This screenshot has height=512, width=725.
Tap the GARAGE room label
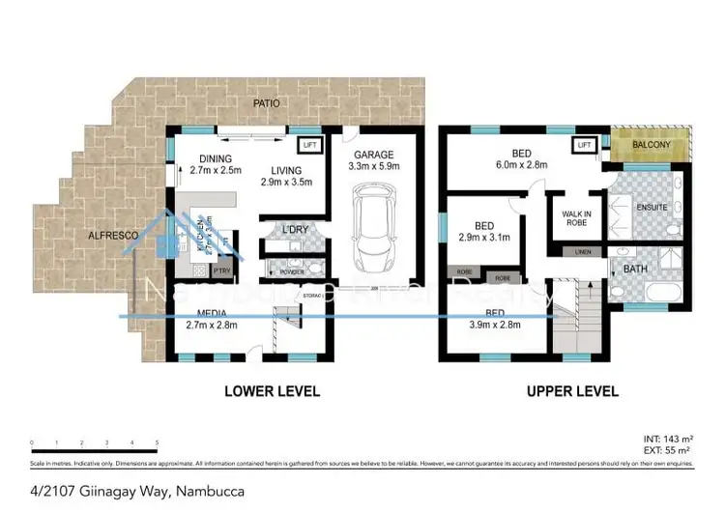point(373,155)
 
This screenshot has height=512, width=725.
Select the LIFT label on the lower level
point(309,145)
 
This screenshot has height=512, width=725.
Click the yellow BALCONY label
point(652,146)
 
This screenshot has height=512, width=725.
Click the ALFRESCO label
point(112,235)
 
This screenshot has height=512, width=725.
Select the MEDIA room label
point(211,313)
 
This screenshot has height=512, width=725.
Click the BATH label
point(634,269)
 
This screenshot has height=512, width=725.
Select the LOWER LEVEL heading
point(272,392)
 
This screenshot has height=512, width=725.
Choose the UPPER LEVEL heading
point(572,392)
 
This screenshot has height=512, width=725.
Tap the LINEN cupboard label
point(582,252)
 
